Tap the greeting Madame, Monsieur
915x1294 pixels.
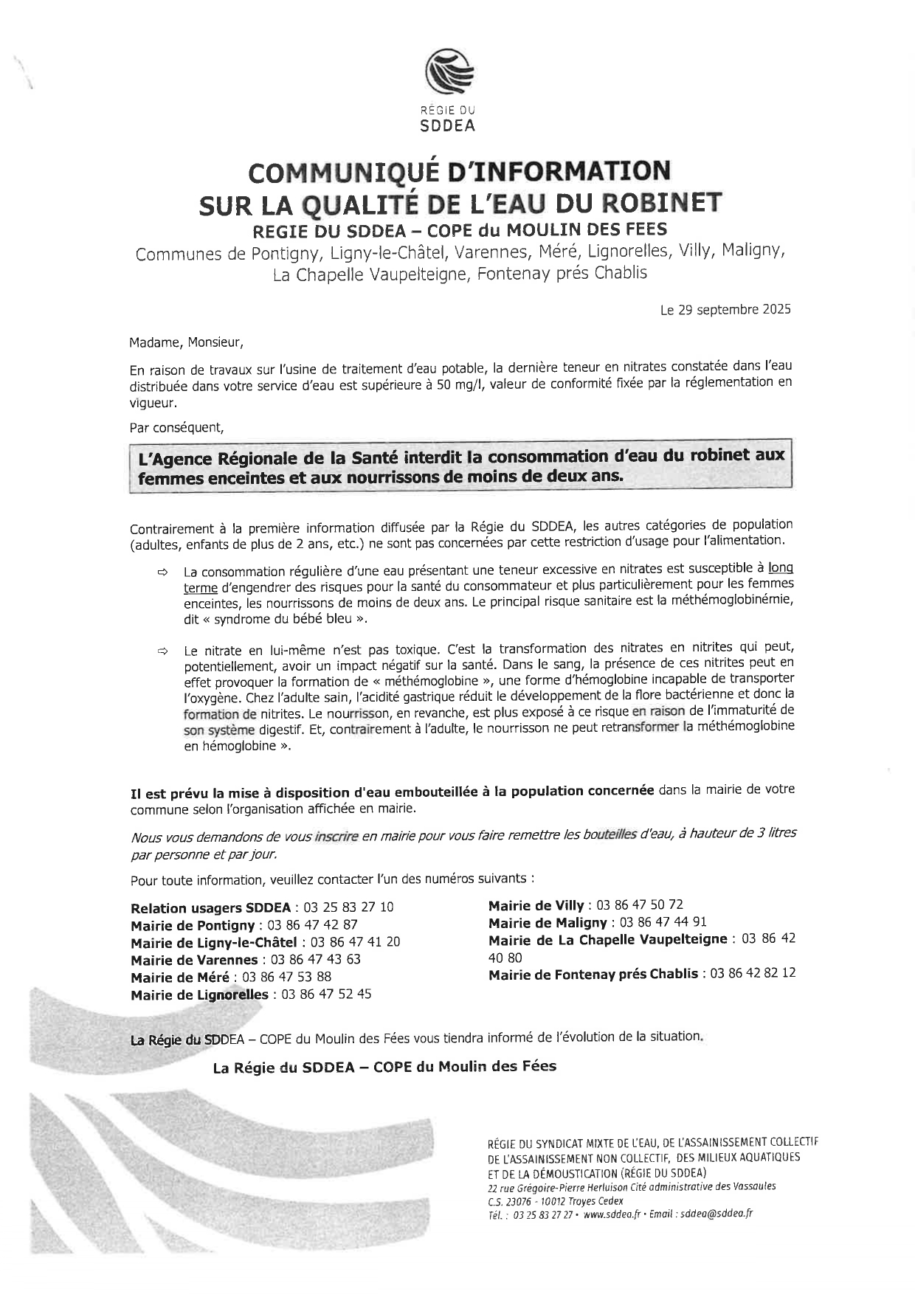[x=185, y=343]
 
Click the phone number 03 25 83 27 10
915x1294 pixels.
[x=348, y=907]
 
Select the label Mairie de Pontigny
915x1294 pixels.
[x=192, y=925]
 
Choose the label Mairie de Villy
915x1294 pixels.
[x=536, y=905]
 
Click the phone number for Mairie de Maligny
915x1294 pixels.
[x=663, y=922]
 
